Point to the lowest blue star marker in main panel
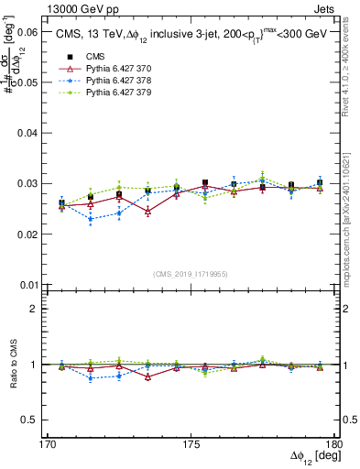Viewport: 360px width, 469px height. [x=91, y=219]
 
